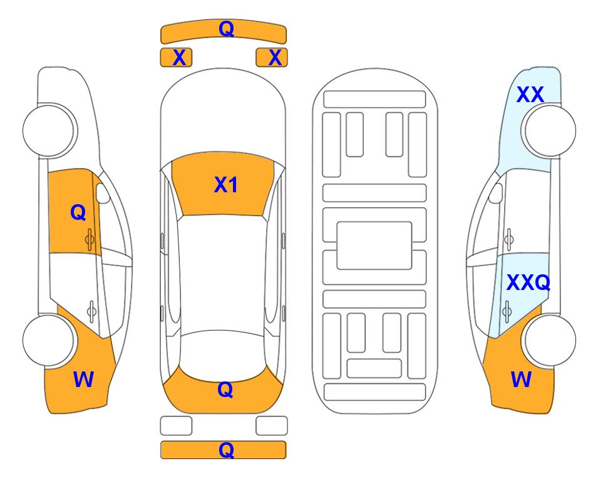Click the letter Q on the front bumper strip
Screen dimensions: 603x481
pos(226,29)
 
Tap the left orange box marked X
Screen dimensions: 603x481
pos(176,58)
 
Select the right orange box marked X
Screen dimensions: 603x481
pos(272,58)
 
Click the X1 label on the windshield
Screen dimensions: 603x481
pos(226,185)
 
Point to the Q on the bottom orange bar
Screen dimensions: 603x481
pos(226,450)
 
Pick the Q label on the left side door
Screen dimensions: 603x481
pos(78,212)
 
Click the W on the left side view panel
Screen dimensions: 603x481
pos(83,380)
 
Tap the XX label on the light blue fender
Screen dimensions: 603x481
pos(530,95)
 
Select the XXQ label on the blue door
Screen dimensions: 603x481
pos(528,283)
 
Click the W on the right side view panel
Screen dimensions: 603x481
pos(521,380)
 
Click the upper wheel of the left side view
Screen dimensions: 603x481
pos(48,130)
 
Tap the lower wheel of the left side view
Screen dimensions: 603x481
pos(48,340)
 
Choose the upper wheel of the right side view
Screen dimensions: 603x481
pos(550,130)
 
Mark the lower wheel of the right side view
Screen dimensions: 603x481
pos(550,340)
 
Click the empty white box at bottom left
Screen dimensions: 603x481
pos(176,426)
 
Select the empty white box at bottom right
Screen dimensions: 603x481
pos(272,426)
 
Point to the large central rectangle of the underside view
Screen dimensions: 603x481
pos(374,246)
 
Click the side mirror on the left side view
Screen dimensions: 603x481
pos(102,194)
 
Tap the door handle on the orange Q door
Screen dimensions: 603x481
pos(90,239)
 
